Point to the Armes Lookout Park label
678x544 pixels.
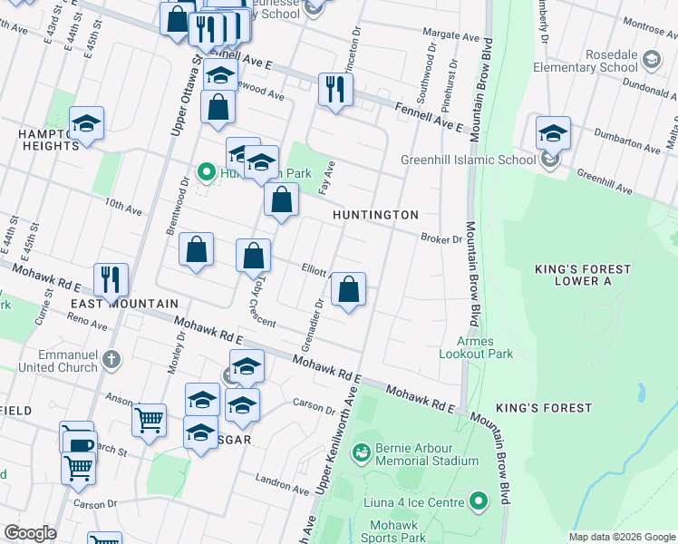pos(477,347)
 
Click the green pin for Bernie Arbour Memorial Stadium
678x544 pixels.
pos(362,452)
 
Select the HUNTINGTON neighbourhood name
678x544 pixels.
pos(375,215)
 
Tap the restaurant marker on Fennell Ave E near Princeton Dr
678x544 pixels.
pos(335,90)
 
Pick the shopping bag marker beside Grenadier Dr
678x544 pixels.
pos(348,290)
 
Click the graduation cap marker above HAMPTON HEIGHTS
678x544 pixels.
pos(86,123)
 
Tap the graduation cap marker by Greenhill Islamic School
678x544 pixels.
pos(552,133)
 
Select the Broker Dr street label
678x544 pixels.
pos(441,239)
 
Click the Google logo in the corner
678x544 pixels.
pos(29,533)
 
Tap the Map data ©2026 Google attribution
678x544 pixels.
pos(620,537)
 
